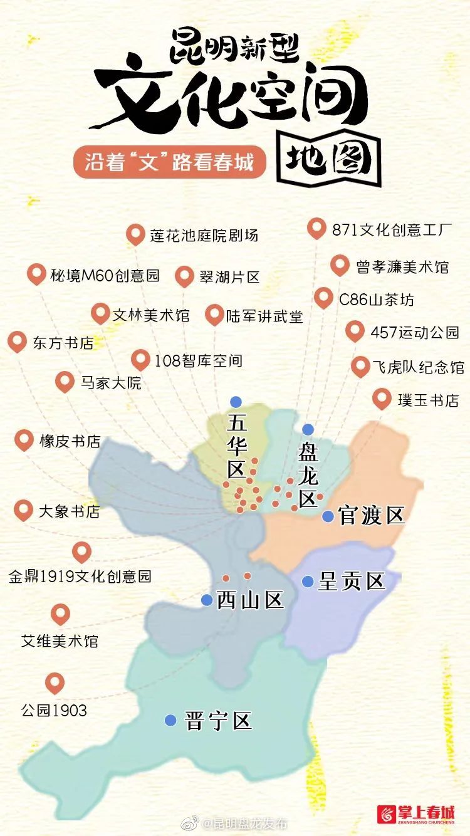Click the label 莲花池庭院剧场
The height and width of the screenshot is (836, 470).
[204, 236]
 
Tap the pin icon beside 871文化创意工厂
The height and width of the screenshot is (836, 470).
[317, 229]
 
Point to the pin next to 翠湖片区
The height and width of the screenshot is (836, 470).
[184, 276]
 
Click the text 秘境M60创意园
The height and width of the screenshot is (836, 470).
[105, 275]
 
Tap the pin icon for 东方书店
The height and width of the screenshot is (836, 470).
[17, 342]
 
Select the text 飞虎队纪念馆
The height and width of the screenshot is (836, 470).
[417, 367]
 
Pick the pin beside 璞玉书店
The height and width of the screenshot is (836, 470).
[382, 399]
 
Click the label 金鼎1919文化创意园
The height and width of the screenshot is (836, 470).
[80, 576]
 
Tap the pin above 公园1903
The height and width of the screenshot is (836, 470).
[55, 682]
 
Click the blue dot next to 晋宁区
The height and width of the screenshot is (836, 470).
[170, 720]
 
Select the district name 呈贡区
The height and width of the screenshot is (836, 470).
[351, 581]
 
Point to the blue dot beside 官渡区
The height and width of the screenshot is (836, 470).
[328, 516]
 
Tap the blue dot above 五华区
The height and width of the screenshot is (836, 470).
[236, 402]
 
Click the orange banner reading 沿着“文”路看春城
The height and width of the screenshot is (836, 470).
[169, 162]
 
